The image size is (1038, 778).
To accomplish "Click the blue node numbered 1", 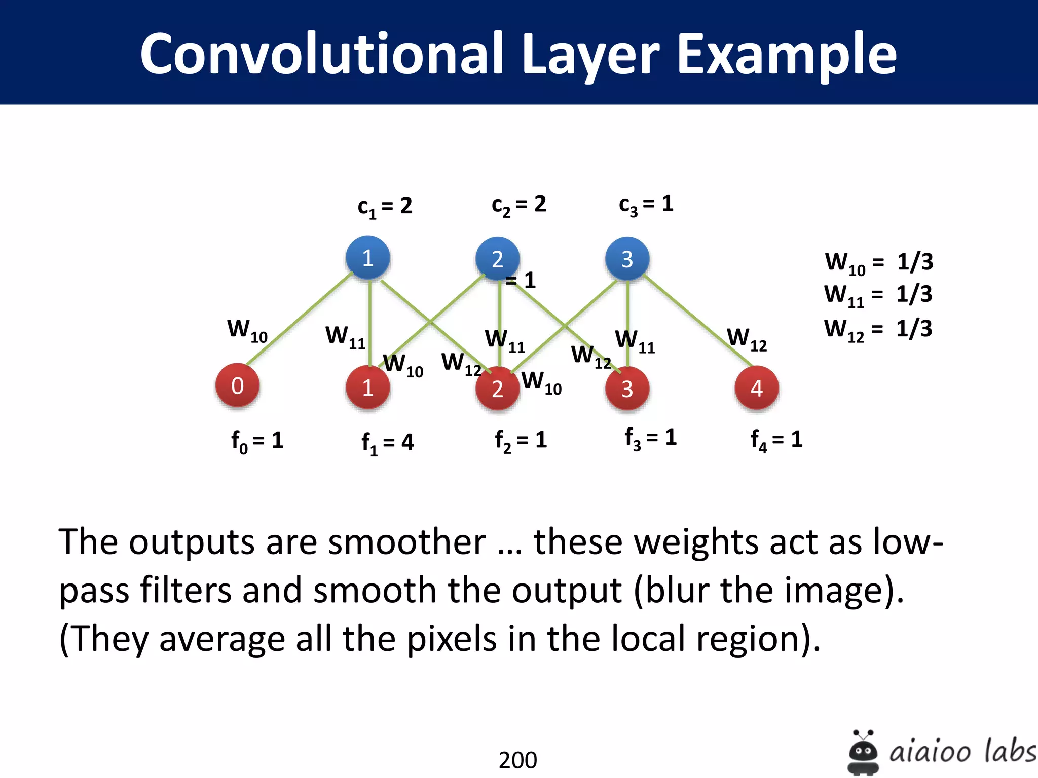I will click(x=368, y=258).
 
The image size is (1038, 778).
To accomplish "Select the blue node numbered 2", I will click(x=497, y=259).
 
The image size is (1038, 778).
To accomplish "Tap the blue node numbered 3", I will click(x=627, y=259).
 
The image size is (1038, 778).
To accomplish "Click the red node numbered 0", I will click(x=237, y=386).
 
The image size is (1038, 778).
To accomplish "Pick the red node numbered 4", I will click(x=757, y=388).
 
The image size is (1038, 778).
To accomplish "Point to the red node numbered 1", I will click(x=368, y=388).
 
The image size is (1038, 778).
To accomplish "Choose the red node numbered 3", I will click(x=627, y=388).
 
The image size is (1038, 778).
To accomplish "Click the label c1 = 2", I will click(x=385, y=207).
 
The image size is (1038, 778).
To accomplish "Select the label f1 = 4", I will click(x=387, y=443).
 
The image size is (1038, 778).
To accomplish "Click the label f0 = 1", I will click(x=257, y=441).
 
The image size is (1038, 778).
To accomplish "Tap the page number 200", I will click(x=517, y=760).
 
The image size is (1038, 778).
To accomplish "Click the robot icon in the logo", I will click(x=863, y=752).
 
